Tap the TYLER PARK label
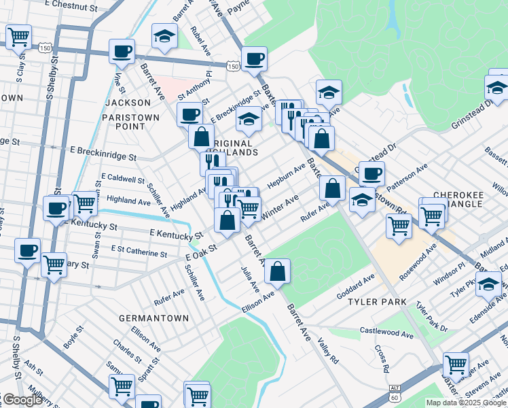point(376,301)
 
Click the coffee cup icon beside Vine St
point(122,51)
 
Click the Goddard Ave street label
point(356,287)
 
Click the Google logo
point(22,401)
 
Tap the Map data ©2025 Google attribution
point(465,403)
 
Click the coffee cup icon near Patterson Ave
point(371,174)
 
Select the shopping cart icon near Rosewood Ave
point(399,226)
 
